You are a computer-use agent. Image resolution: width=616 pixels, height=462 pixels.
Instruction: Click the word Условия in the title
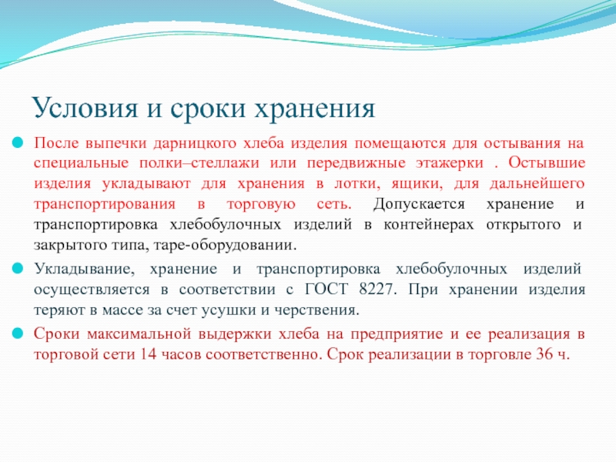tap(85, 108)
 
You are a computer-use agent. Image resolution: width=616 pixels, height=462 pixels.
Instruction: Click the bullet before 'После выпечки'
tap(18, 142)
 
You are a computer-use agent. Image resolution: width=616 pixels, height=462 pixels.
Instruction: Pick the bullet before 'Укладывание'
tap(18, 269)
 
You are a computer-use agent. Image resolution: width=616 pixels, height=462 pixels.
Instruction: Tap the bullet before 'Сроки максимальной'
tap(18, 333)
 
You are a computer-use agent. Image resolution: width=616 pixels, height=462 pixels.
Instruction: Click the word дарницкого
tap(195, 144)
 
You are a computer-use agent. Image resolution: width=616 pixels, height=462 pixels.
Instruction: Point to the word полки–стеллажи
tap(199, 163)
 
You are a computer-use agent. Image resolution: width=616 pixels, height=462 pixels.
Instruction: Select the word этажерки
tap(450, 164)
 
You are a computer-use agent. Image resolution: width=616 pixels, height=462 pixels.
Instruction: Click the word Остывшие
tap(547, 163)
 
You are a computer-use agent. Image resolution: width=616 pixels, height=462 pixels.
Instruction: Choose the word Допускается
tap(419, 205)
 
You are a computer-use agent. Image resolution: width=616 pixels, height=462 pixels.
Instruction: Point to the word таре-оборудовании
tap(225, 246)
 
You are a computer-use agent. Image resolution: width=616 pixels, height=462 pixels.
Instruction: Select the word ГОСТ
tap(326, 290)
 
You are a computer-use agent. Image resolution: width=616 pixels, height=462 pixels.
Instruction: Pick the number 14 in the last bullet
tap(148, 354)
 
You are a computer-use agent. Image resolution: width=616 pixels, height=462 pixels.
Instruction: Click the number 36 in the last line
tap(544, 354)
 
